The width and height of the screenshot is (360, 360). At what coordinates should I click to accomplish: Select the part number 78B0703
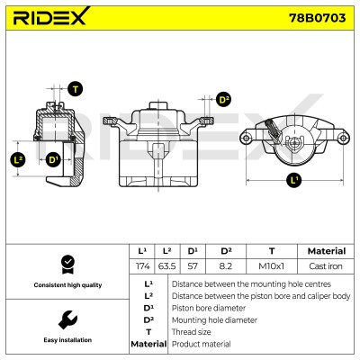[317, 18]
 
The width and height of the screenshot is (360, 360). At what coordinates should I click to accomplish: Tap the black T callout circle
[76, 89]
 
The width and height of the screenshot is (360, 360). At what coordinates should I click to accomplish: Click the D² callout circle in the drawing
[224, 100]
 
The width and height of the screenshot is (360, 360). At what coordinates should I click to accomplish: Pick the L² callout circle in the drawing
[18, 159]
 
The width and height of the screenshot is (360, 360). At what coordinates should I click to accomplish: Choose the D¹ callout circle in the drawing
[53, 159]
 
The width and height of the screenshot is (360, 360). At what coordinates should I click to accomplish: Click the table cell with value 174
[142, 266]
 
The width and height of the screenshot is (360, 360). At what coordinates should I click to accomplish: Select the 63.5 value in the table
[166, 266]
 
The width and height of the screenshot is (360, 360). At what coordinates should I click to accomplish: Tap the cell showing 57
[193, 266]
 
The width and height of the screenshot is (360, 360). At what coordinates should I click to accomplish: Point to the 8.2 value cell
[225, 266]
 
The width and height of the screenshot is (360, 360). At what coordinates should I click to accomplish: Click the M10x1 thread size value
[271, 266]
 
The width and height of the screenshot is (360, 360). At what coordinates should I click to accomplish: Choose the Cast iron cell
[326, 266]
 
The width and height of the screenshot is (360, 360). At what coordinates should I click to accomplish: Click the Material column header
[327, 251]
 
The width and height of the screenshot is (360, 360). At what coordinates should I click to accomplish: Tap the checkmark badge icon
[67, 265]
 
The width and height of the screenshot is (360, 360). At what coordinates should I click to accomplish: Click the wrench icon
[67, 319]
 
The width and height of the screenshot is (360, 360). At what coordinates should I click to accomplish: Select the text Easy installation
[67, 340]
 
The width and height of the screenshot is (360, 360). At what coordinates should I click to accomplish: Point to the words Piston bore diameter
[209, 308]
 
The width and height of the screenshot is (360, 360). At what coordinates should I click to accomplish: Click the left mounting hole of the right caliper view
[246, 139]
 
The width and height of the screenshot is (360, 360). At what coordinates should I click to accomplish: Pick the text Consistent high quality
[67, 285]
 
